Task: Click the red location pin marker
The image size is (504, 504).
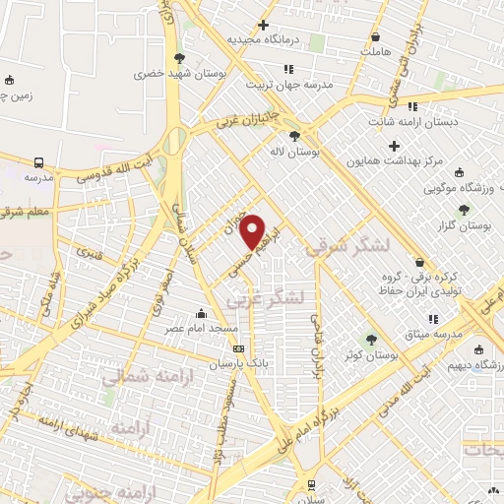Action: pyautogui.click(x=254, y=230)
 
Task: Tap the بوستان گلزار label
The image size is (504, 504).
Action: pyautogui.click(x=464, y=225)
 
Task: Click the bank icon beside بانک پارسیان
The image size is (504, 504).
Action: pyautogui.click(x=238, y=348)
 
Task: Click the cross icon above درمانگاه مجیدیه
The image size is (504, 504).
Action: pyautogui.click(x=262, y=25)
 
